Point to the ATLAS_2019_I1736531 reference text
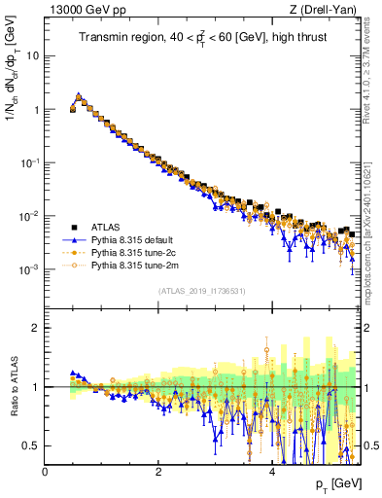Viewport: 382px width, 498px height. click(202, 291)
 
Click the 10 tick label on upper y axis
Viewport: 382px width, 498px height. click(32, 55)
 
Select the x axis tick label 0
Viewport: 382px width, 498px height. click(45, 471)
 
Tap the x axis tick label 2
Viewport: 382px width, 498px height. click(158, 471)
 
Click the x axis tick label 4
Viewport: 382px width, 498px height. click(272, 471)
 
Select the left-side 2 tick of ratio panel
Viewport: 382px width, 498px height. click(36, 329)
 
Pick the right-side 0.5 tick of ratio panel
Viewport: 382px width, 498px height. click(369, 445)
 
